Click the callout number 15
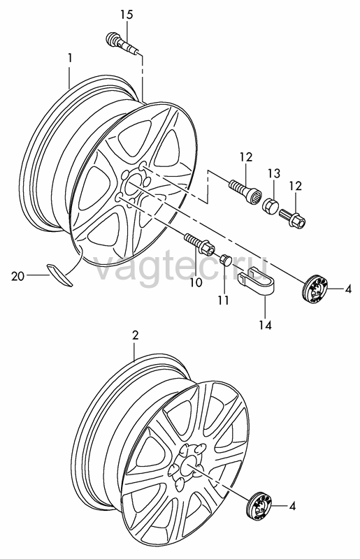tap(126, 14)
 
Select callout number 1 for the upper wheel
tap(71, 58)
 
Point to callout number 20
tap(18, 276)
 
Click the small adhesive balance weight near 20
tap(59, 274)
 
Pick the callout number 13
tap(274, 174)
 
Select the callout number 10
tap(196, 283)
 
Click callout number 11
tap(224, 300)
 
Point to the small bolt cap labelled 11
tap(225, 259)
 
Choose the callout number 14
tap(266, 325)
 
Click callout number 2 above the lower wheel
tap(135, 335)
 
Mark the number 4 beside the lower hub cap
tap(293, 506)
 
